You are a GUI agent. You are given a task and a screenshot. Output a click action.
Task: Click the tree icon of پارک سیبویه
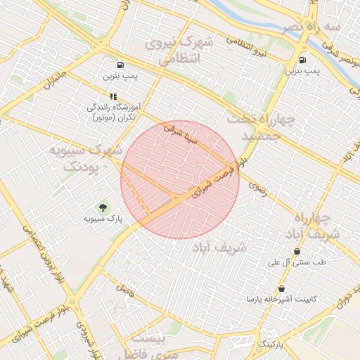tap(103, 207)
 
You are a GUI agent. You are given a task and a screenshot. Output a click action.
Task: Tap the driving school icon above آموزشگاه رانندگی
tap(112, 96)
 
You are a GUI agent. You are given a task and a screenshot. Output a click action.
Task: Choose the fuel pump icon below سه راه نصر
tap(302, 60)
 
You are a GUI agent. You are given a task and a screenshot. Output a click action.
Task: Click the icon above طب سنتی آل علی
tap(297, 251)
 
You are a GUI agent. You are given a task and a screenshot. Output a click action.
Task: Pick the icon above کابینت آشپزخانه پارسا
tap(281, 288)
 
